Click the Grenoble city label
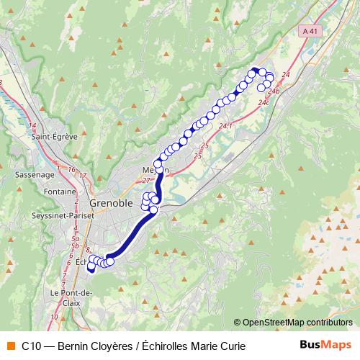pos(112,204)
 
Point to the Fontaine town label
pos(59,192)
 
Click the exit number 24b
pos(273,91)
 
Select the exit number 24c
pos(264,102)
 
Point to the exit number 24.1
pos(226,126)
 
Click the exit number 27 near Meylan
pos(147,181)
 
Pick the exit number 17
pos(83,175)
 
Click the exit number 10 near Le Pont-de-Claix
pos(54,316)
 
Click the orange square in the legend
pos(11,346)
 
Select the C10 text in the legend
pos(31,346)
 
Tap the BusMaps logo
pos(325,346)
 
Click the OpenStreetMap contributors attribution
pos(297,322)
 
